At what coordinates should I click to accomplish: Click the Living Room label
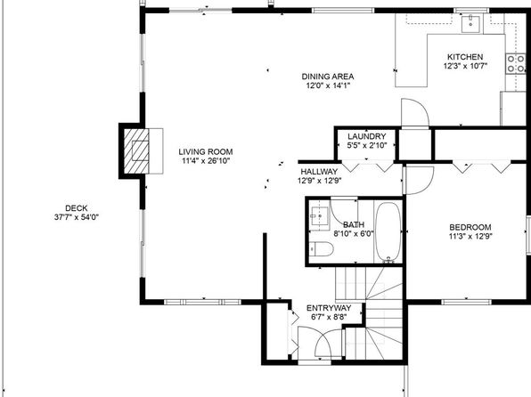(x=206, y=152)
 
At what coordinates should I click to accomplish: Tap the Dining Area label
(x=328, y=77)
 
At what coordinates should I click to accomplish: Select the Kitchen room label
(x=465, y=57)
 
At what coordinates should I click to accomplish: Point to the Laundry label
(x=367, y=136)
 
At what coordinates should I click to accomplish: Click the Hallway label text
(x=319, y=172)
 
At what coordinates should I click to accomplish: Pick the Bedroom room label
(x=470, y=227)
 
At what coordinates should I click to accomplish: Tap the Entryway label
(x=329, y=308)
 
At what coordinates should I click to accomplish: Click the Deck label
(x=77, y=208)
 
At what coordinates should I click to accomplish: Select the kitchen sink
(x=471, y=23)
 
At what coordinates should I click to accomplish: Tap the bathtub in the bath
(x=388, y=231)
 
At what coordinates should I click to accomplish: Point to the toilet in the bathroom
(x=321, y=249)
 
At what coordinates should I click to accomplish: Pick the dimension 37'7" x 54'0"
(x=77, y=217)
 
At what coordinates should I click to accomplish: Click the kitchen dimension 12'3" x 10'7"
(x=465, y=66)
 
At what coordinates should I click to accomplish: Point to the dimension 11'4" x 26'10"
(x=206, y=161)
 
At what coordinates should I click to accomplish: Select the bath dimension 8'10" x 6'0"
(x=354, y=233)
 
